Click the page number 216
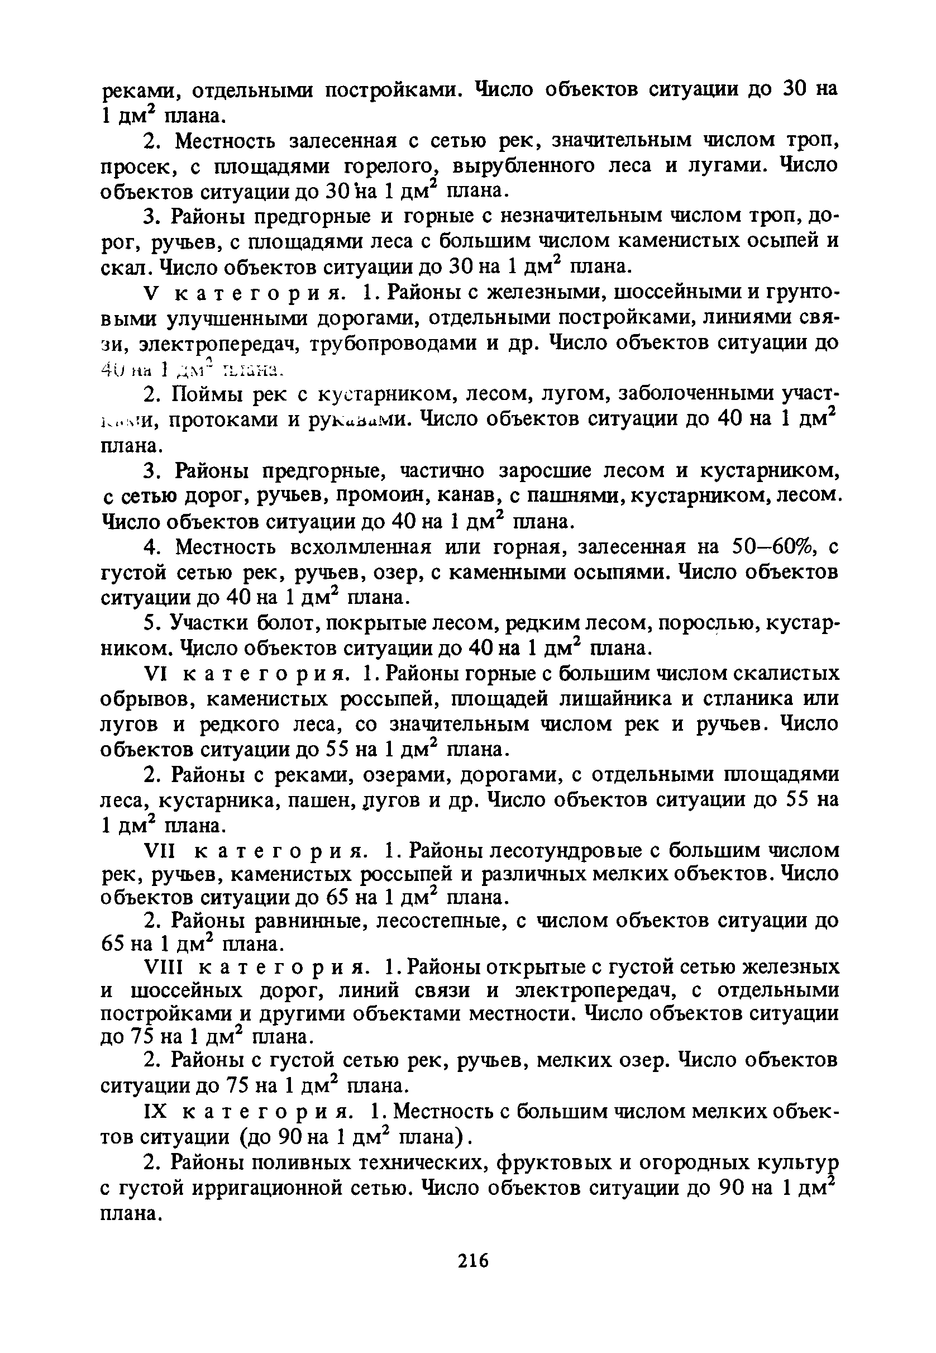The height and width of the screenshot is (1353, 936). (473, 1261)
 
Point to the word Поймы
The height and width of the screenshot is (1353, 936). (207, 395)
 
